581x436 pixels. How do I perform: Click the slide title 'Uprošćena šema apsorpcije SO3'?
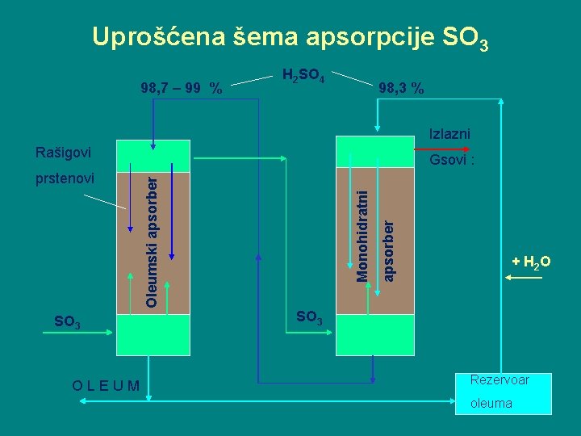click(290, 37)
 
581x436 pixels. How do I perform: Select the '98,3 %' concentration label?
click(401, 87)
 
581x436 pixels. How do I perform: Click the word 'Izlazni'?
click(450, 134)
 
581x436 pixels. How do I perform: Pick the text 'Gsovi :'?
click(452, 161)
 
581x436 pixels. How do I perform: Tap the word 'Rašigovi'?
click(64, 153)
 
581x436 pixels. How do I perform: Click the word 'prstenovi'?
click(65, 177)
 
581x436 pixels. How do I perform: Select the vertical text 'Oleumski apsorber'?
click(152, 242)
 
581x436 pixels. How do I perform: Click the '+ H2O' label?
click(531, 262)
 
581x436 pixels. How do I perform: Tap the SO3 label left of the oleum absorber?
click(66, 323)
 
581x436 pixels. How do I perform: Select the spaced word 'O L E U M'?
click(105, 385)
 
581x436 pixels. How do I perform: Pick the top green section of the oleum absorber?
click(153, 156)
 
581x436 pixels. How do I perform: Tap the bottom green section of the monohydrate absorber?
click(373, 334)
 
